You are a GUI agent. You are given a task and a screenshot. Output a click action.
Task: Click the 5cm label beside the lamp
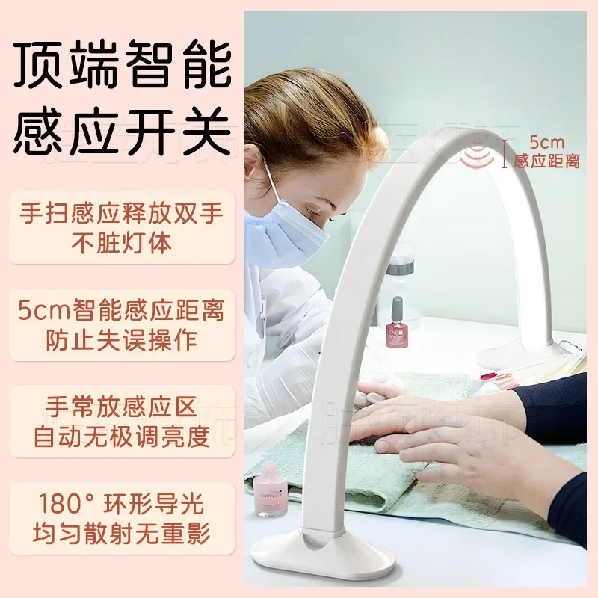point(544,141)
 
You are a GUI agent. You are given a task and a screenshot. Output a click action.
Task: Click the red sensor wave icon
point(493,151)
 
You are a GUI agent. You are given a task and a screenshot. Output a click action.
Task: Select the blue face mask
point(286,228)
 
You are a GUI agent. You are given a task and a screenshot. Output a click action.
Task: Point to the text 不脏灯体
point(121,242)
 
